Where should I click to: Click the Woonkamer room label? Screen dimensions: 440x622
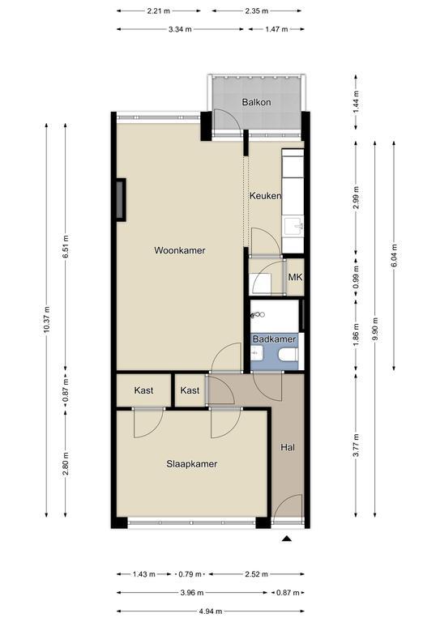pyautogui.click(x=180, y=250)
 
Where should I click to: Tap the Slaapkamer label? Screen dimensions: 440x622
pyautogui.click(x=191, y=464)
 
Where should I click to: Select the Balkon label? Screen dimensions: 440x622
pyautogui.click(x=256, y=102)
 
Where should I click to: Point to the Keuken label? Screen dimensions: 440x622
pyautogui.click(x=266, y=195)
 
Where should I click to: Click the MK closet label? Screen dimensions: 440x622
pyautogui.click(x=295, y=277)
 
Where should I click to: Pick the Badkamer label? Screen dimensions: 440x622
pyautogui.click(x=274, y=339)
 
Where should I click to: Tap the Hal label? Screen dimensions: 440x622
pyautogui.click(x=287, y=447)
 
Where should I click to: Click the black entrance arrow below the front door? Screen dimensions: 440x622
pyautogui.click(x=287, y=539)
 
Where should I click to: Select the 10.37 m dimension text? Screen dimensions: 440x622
pyautogui.click(x=46, y=320)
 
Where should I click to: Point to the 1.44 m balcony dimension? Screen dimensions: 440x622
pyautogui.click(x=356, y=102)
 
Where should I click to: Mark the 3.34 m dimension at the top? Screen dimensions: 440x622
pyautogui.click(x=180, y=29)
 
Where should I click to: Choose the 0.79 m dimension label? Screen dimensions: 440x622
pyautogui.click(x=190, y=574)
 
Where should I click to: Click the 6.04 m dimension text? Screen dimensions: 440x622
pyautogui.click(x=394, y=255)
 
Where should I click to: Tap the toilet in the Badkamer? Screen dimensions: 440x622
pyautogui.click(x=288, y=354)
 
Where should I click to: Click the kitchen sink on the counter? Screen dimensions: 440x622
pyautogui.click(x=294, y=227)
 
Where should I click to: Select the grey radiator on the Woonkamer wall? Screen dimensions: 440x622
pyautogui.click(x=121, y=199)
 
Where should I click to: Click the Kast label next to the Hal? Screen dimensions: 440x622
pyautogui.click(x=190, y=390)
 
